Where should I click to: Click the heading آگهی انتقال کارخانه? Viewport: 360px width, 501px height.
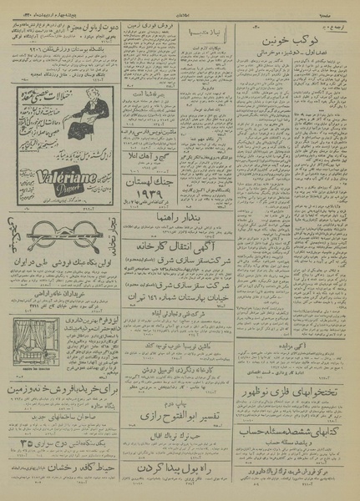pos(183,248)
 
